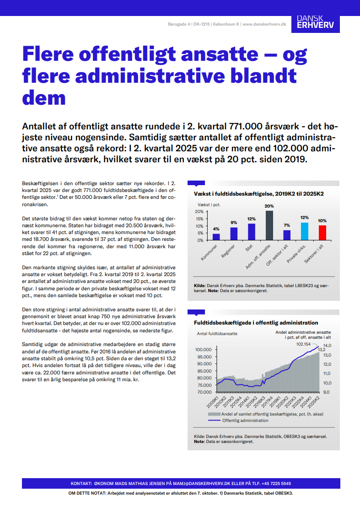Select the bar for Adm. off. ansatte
(269, 225)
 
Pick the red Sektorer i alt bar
(322, 233)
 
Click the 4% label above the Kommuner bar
(216, 229)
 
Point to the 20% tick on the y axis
(199, 212)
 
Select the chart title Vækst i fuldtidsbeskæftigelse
(259, 194)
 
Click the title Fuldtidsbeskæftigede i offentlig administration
(256, 323)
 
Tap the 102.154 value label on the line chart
(303, 344)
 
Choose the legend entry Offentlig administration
(245, 420)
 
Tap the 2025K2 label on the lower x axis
(314, 402)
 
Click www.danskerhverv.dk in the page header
(264, 24)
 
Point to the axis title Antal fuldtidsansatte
(217, 334)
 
